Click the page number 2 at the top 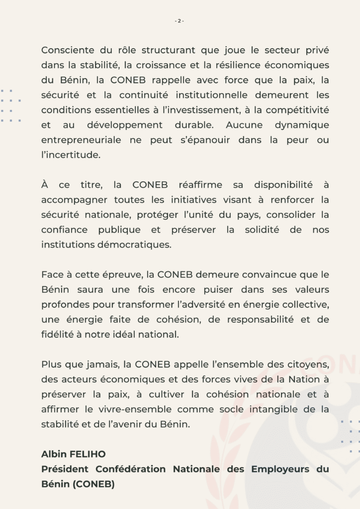click(180, 20)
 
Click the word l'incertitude click(71, 155)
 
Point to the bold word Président click(65, 469)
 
